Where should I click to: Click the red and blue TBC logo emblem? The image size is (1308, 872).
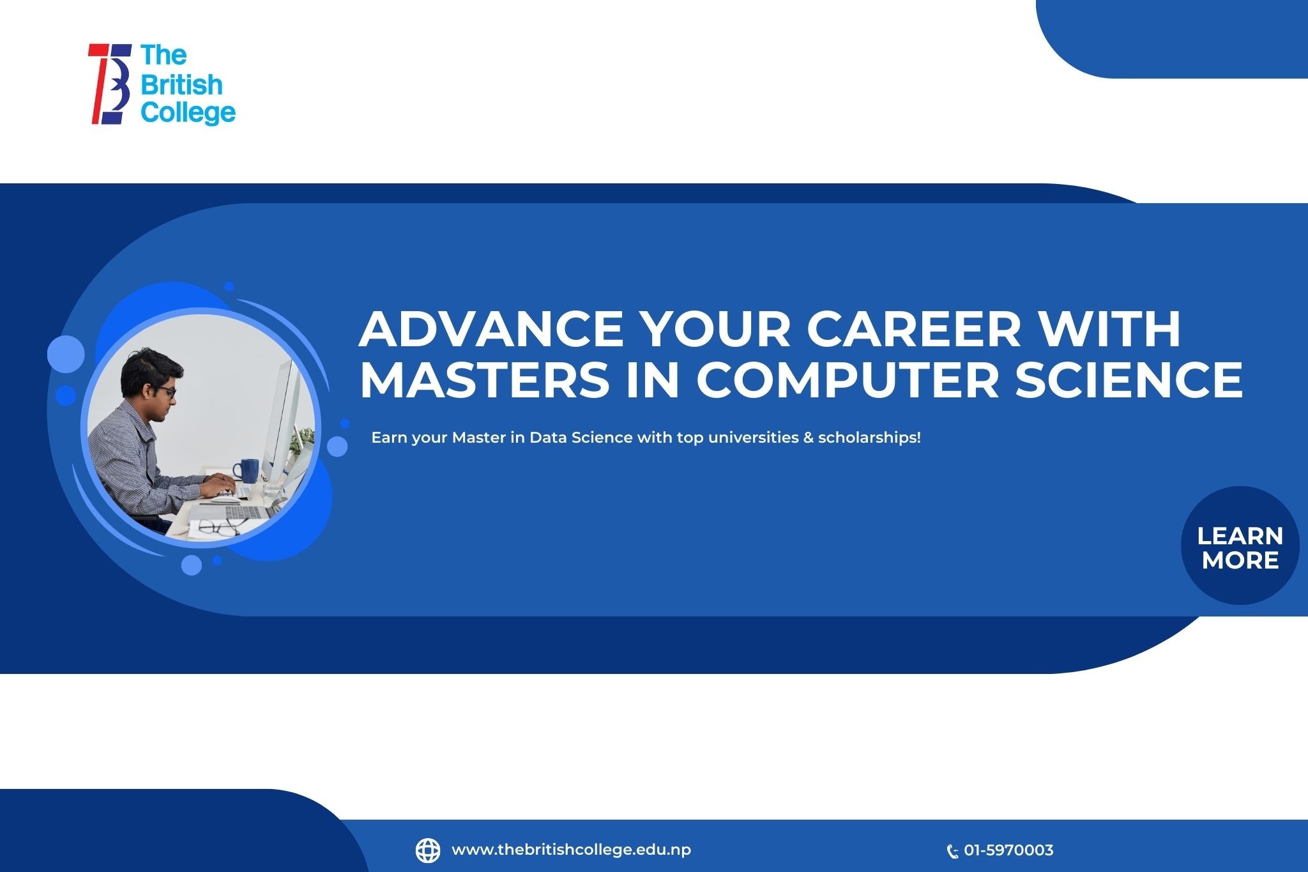tap(110, 84)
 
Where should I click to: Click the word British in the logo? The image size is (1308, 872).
tap(181, 84)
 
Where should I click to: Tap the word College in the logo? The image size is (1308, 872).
tap(188, 113)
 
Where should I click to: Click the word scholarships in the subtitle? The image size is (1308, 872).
tap(869, 438)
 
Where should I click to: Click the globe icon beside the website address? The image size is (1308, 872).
tap(428, 850)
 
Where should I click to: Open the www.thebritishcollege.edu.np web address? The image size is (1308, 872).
tap(571, 850)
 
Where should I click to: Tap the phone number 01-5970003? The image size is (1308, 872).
tap(1008, 850)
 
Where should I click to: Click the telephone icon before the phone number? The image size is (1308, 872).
tap(952, 851)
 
